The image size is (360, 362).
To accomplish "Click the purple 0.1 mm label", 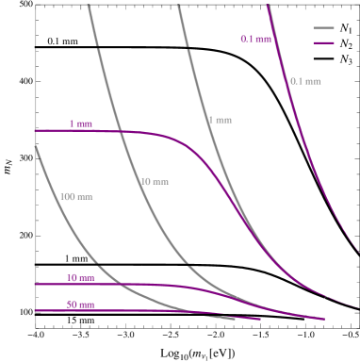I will pos(254,40).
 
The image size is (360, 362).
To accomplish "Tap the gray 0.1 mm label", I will pos(305,81).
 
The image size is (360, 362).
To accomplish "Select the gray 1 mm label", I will pos(220,121).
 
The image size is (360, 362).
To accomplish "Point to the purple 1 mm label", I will pos(81,124).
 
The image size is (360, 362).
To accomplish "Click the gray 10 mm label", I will pos(155,181).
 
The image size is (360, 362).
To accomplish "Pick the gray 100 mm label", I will pos(76,197).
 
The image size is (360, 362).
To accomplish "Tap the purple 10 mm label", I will pos(80,278).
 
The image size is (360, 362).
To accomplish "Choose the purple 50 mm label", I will pos(80,305).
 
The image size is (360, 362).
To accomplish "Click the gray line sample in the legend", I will pos(324,28).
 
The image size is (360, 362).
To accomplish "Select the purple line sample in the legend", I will pos(324,43).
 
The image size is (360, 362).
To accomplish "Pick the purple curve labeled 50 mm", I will pos(141,311).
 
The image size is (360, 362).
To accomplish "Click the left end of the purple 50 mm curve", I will pos(35,310).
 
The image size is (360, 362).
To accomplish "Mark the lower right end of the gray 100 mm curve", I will pos(234,319).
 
